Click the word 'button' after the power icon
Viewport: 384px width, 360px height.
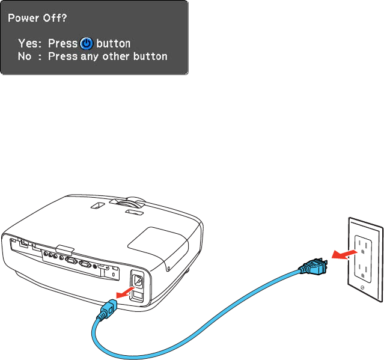[114, 44]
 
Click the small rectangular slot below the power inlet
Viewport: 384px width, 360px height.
[138, 295]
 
